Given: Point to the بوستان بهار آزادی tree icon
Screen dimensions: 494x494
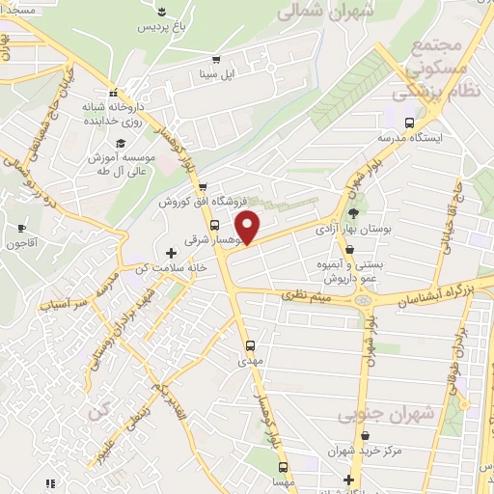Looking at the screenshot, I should point(353,214).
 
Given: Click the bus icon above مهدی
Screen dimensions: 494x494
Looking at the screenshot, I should point(250,344).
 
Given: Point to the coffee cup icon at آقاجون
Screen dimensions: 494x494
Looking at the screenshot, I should point(22,229).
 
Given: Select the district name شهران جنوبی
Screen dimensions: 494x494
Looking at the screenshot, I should point(386,414).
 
